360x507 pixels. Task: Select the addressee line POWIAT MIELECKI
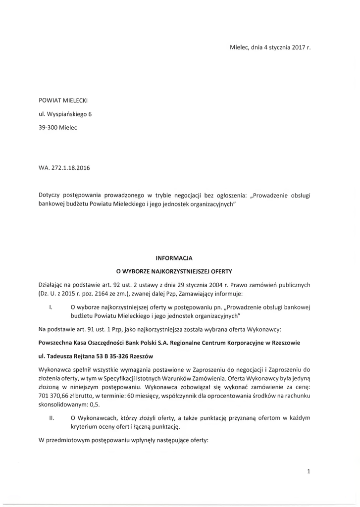click(63, 101)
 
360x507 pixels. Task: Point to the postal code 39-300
click(48, 127)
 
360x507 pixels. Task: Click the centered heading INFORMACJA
click(174, 258)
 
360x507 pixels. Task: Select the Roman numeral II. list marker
click(51, 418)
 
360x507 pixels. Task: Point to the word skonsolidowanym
click(60, 405)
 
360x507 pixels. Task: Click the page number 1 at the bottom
click(308, 472)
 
